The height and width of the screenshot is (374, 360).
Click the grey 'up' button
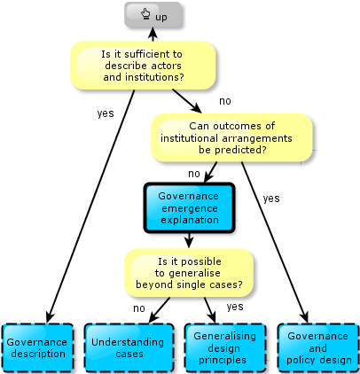153,15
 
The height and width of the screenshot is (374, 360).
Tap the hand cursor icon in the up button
145,14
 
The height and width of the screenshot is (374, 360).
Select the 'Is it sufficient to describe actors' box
143,66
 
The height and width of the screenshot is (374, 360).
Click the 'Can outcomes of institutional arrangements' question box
231,137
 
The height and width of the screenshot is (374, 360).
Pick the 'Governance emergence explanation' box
190,207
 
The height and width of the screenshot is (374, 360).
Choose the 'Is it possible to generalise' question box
189,273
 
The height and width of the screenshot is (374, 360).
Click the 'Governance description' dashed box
38,347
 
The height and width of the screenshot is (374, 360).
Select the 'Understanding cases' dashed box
129,347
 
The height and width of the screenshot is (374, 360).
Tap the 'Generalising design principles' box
225,347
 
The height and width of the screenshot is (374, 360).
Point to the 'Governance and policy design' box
318,347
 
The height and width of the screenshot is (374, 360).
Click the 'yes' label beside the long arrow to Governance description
106,113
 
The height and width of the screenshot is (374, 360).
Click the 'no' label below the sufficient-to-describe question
225,101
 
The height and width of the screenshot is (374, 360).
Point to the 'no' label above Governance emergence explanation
194,174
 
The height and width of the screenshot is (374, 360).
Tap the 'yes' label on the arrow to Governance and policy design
271,199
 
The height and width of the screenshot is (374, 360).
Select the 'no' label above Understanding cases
139,308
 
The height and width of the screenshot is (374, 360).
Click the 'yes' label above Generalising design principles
235,307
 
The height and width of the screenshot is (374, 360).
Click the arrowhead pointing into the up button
153,33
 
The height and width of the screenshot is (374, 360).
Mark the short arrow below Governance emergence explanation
189,240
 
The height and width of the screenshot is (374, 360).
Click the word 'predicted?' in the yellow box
232,150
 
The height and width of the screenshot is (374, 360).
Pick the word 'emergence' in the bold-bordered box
190,208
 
